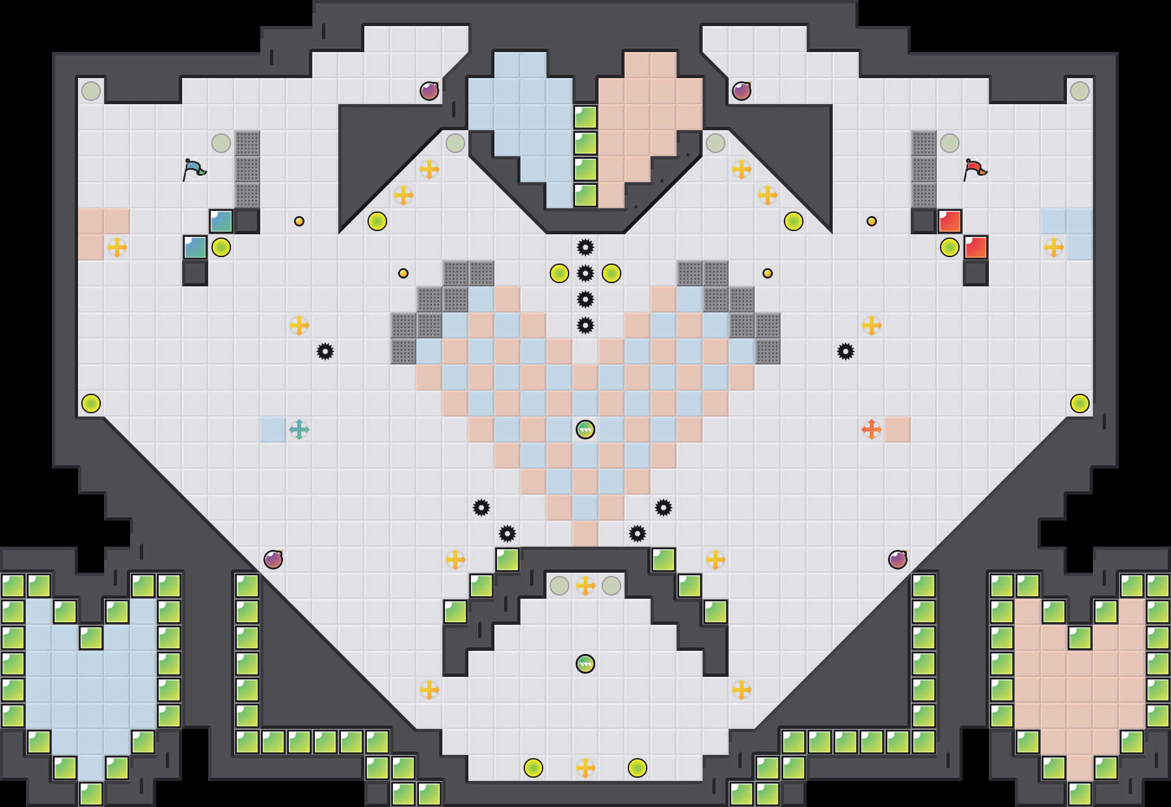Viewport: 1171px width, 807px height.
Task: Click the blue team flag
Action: point(194,169)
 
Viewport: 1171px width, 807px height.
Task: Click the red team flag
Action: point(975,169)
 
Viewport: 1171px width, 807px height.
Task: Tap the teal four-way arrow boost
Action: point(299,430)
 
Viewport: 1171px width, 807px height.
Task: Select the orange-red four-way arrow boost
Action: point(871,430)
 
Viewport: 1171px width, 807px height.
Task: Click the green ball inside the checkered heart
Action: point(585,430)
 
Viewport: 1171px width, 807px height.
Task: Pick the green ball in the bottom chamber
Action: point(585,664)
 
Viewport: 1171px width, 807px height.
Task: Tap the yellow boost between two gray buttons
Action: point(585,586)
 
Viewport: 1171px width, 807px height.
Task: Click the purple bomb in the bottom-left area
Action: point(273,560)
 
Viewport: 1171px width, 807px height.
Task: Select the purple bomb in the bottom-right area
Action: point(898,560)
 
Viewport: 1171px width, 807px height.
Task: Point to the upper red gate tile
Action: point(950,221)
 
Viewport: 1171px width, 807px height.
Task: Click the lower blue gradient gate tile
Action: point(195,247)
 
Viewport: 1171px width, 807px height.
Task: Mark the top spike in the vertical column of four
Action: point(585,247)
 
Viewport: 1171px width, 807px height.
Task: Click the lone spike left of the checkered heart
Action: point(325,351)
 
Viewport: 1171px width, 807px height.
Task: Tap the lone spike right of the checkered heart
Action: point(846,351)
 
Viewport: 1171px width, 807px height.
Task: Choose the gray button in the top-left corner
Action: point(91,91)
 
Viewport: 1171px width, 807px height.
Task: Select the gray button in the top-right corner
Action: point(1080,91)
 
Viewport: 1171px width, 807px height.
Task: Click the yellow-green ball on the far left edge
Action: point(91,403)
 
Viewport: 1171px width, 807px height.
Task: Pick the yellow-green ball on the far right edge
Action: point(1080,403)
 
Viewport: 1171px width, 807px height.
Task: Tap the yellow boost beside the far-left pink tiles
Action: point(117,247)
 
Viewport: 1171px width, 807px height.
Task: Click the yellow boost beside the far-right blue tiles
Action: point(1054,247)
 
